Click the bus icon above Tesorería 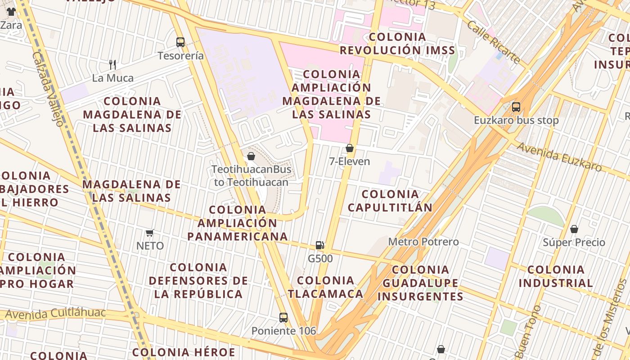180,42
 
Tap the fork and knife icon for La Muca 112,65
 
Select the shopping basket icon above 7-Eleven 350,148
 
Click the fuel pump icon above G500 320,245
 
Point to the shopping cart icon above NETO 150,233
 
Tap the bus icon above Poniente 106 283,317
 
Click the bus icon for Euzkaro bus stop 516,107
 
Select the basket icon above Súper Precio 574,229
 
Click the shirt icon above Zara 11,12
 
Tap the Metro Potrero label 423,242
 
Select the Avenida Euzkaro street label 559,157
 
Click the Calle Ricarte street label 493,42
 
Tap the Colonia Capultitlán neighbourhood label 390,201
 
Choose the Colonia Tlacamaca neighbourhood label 326,287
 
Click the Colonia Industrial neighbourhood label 556,276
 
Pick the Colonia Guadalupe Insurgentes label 420,283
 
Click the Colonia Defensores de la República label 198,281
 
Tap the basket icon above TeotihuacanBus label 251,156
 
